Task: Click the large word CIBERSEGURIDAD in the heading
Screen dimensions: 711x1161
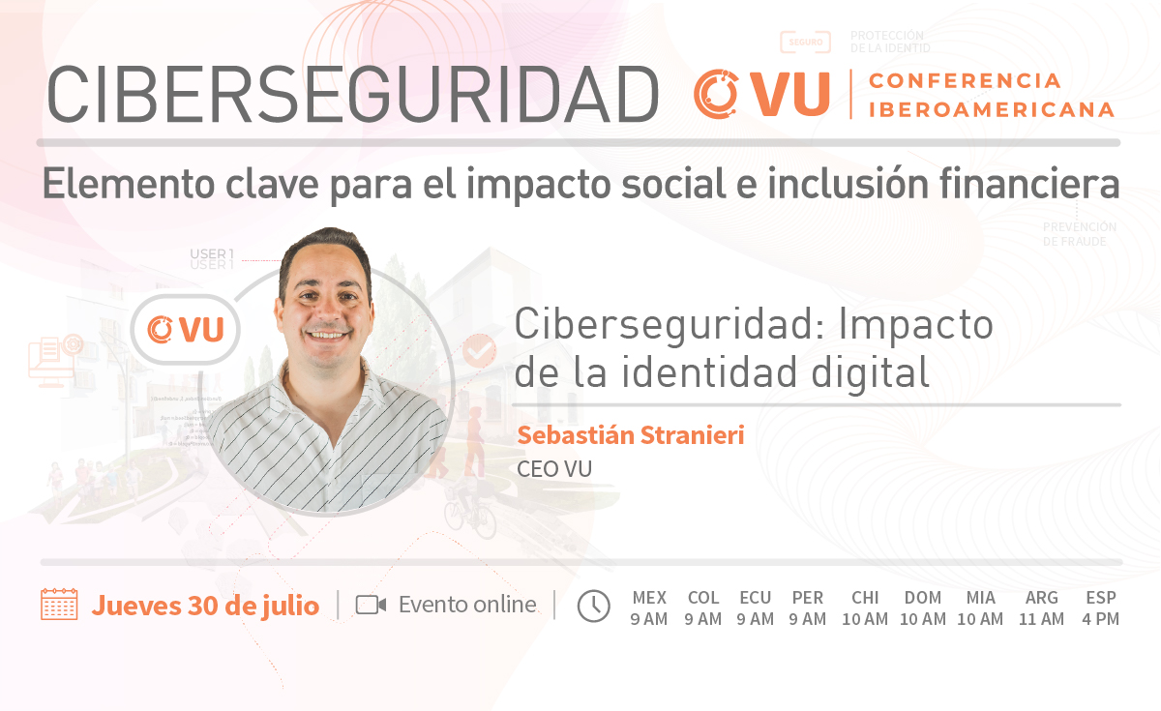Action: click(352, 95)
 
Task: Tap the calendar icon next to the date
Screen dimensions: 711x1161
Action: click(59, 605)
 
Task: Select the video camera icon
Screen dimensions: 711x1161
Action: click(371, 605)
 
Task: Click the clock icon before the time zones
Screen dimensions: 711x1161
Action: click(593, 606)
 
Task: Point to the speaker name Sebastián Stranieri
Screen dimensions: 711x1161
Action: click(631, 435)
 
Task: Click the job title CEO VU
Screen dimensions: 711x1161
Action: click(554, 469)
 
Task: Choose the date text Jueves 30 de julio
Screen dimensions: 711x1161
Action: click(205, 606)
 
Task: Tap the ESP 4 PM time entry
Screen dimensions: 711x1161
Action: click(1100, 608)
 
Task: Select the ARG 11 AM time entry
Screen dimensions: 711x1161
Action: click(1041, 608)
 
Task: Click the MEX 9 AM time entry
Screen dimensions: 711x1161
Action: click(649, 608)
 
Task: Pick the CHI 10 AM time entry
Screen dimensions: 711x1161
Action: click(865, 608)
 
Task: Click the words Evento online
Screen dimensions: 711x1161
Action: click(467, 605)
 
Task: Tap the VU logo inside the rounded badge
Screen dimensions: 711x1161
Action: click(186, 330)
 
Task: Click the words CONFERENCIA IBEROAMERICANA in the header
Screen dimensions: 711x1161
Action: click(991, 95)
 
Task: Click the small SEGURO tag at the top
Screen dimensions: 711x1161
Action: click(805, 42)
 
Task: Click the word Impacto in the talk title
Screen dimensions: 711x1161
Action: click(916, 325)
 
